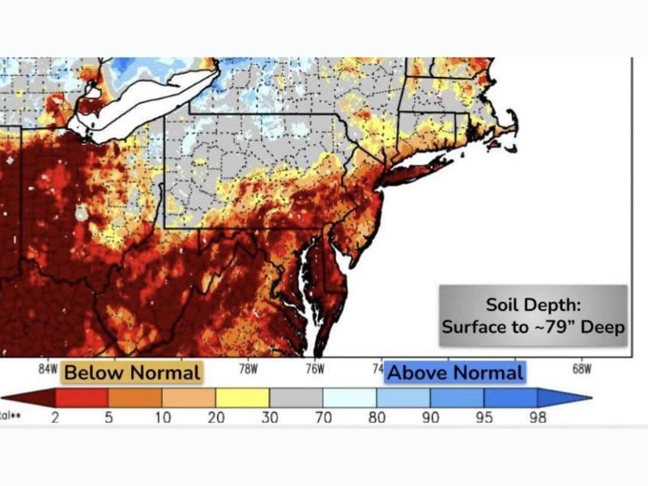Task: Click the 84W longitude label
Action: click(49, 369)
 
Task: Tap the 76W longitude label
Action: click(314, 369)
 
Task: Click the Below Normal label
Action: click(131, 373)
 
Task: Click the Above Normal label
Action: click(454, 373)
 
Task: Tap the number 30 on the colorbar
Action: click(269, 418)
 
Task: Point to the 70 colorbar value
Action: click(322, 418)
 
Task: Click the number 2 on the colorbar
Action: click(55, 418)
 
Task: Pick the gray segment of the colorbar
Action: click(296, 398)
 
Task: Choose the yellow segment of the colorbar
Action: click(242, 398)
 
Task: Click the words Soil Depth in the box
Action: click(532, 305)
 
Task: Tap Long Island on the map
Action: click(417, 171)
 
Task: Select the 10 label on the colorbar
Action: click(162, 418)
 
